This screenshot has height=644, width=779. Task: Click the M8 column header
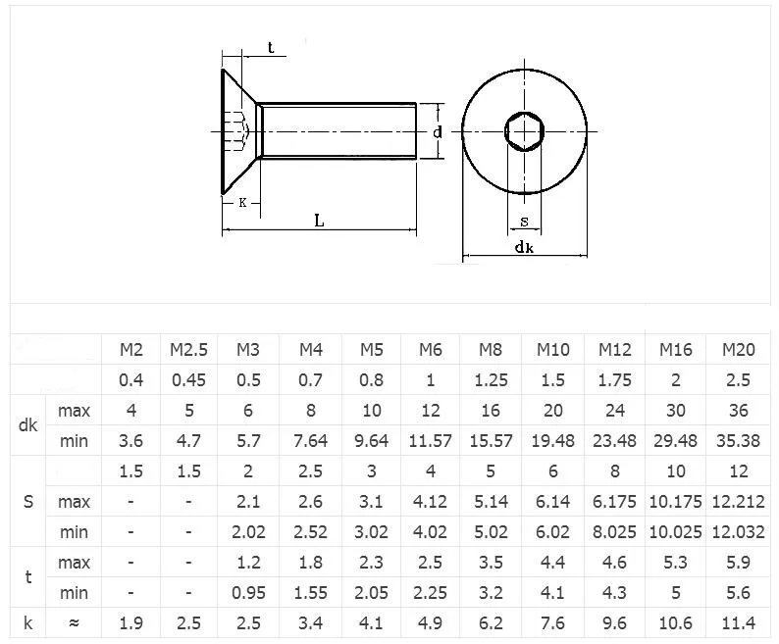(x=491, y=350)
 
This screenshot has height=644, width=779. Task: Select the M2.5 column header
(x=188, y=350)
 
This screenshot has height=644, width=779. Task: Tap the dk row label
(x=27, y=425)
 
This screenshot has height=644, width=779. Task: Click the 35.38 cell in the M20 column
(x=738, y=441)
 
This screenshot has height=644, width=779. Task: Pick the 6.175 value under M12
(x=614, y=502)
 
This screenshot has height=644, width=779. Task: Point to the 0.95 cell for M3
(x=248, y=593)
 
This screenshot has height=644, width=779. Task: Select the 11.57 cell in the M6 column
(x=431, y=441)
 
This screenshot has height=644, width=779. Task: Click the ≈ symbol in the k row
(x=74, y=623)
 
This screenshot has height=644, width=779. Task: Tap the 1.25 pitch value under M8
(x=491, y=380)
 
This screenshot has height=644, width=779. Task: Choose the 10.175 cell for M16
(x=676, y=502)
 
